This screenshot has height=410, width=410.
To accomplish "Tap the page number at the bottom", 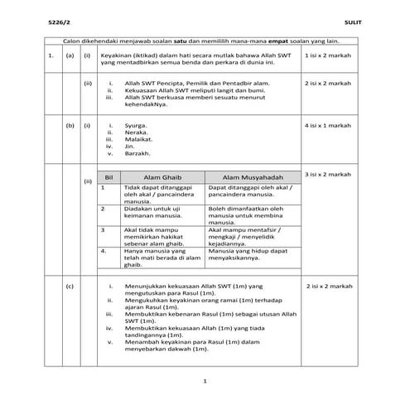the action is (x=205, y=381).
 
